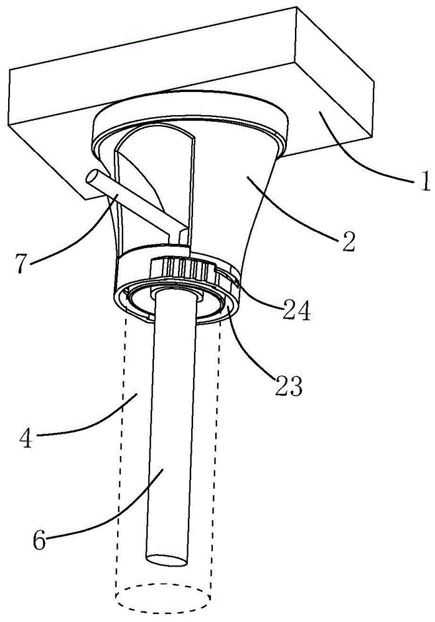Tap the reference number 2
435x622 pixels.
pyautogui.click(x=348, y=241)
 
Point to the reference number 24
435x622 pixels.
pyautogui.click(x=296, y=312)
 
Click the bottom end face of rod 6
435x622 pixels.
pyautogui.click(x=167, y=560)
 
